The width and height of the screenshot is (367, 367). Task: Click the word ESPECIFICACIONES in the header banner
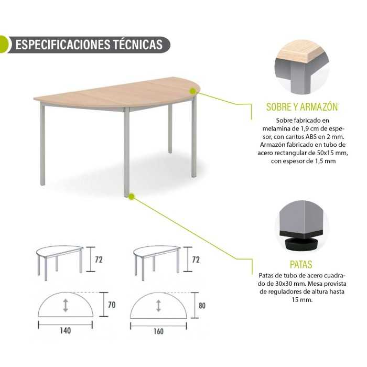(63, 45)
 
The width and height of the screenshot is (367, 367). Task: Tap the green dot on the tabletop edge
(193, 91)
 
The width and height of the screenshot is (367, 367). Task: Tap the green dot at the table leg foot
(132, 197)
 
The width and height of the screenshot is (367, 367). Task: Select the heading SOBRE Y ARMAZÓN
(302, 107)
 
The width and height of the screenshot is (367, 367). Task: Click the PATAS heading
(301, 264)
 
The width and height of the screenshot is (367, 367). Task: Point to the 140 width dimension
(66, 330)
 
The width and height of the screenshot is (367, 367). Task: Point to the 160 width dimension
(158, 331)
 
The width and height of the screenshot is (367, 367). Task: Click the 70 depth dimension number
(112, 305)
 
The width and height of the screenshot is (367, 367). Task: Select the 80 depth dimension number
(202, 306)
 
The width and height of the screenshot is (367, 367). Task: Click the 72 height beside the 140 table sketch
(99, 260)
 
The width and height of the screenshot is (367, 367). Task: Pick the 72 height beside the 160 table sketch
(196, 260)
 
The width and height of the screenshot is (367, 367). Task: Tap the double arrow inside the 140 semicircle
(66, 305)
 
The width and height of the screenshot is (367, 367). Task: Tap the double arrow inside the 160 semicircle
(158, 306)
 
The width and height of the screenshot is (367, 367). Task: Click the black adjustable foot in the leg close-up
(301, 244)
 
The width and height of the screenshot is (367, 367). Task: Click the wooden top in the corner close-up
(303, 52)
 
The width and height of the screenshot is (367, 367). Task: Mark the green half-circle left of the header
(4, 45)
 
